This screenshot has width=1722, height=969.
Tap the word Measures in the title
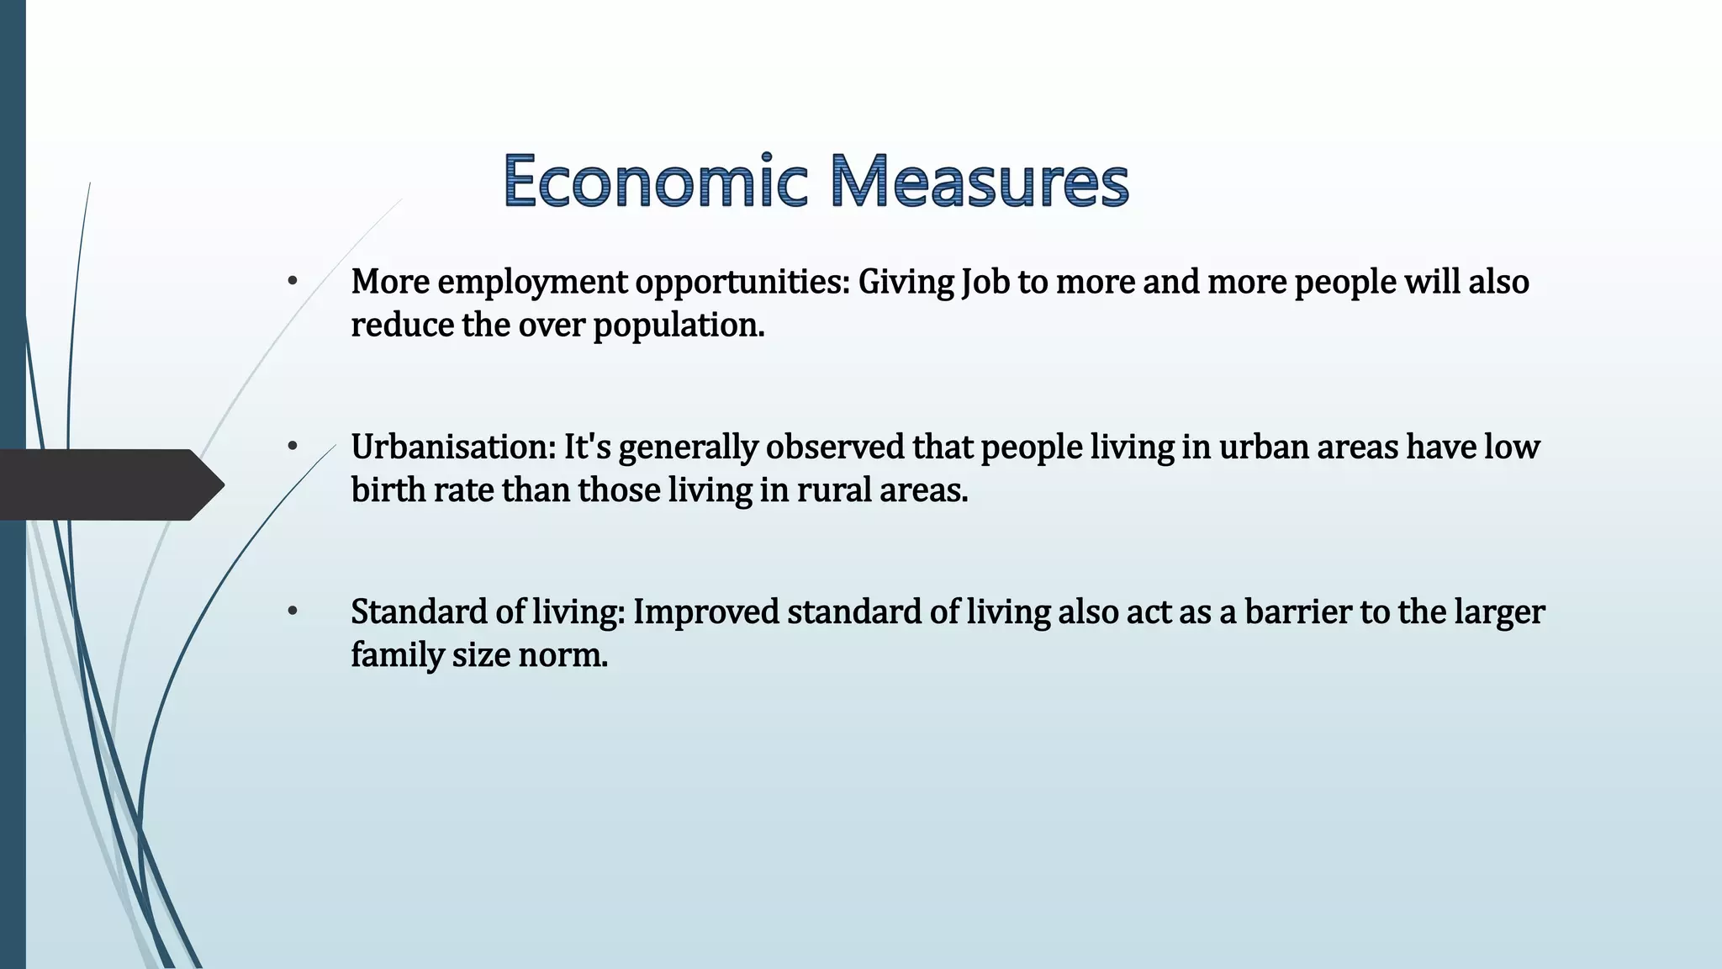pyautogui.click(x=980, y=181)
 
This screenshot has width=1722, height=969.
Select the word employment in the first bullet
pyautogui.click(x=532, y=283)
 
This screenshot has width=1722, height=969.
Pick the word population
pyautogui.click(x=679, y=326)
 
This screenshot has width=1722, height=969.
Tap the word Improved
pyautogui.click(x=706, y=612)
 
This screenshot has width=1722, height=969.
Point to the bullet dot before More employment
pyautogui.click(x=293, y=282)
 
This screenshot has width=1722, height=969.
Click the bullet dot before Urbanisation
pyautogui.click(x=293, y=447)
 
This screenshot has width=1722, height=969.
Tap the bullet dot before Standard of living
pyautogui.click(x=293, y=612)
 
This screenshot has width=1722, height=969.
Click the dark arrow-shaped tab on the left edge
pyautogui.click(x=109, y=484)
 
